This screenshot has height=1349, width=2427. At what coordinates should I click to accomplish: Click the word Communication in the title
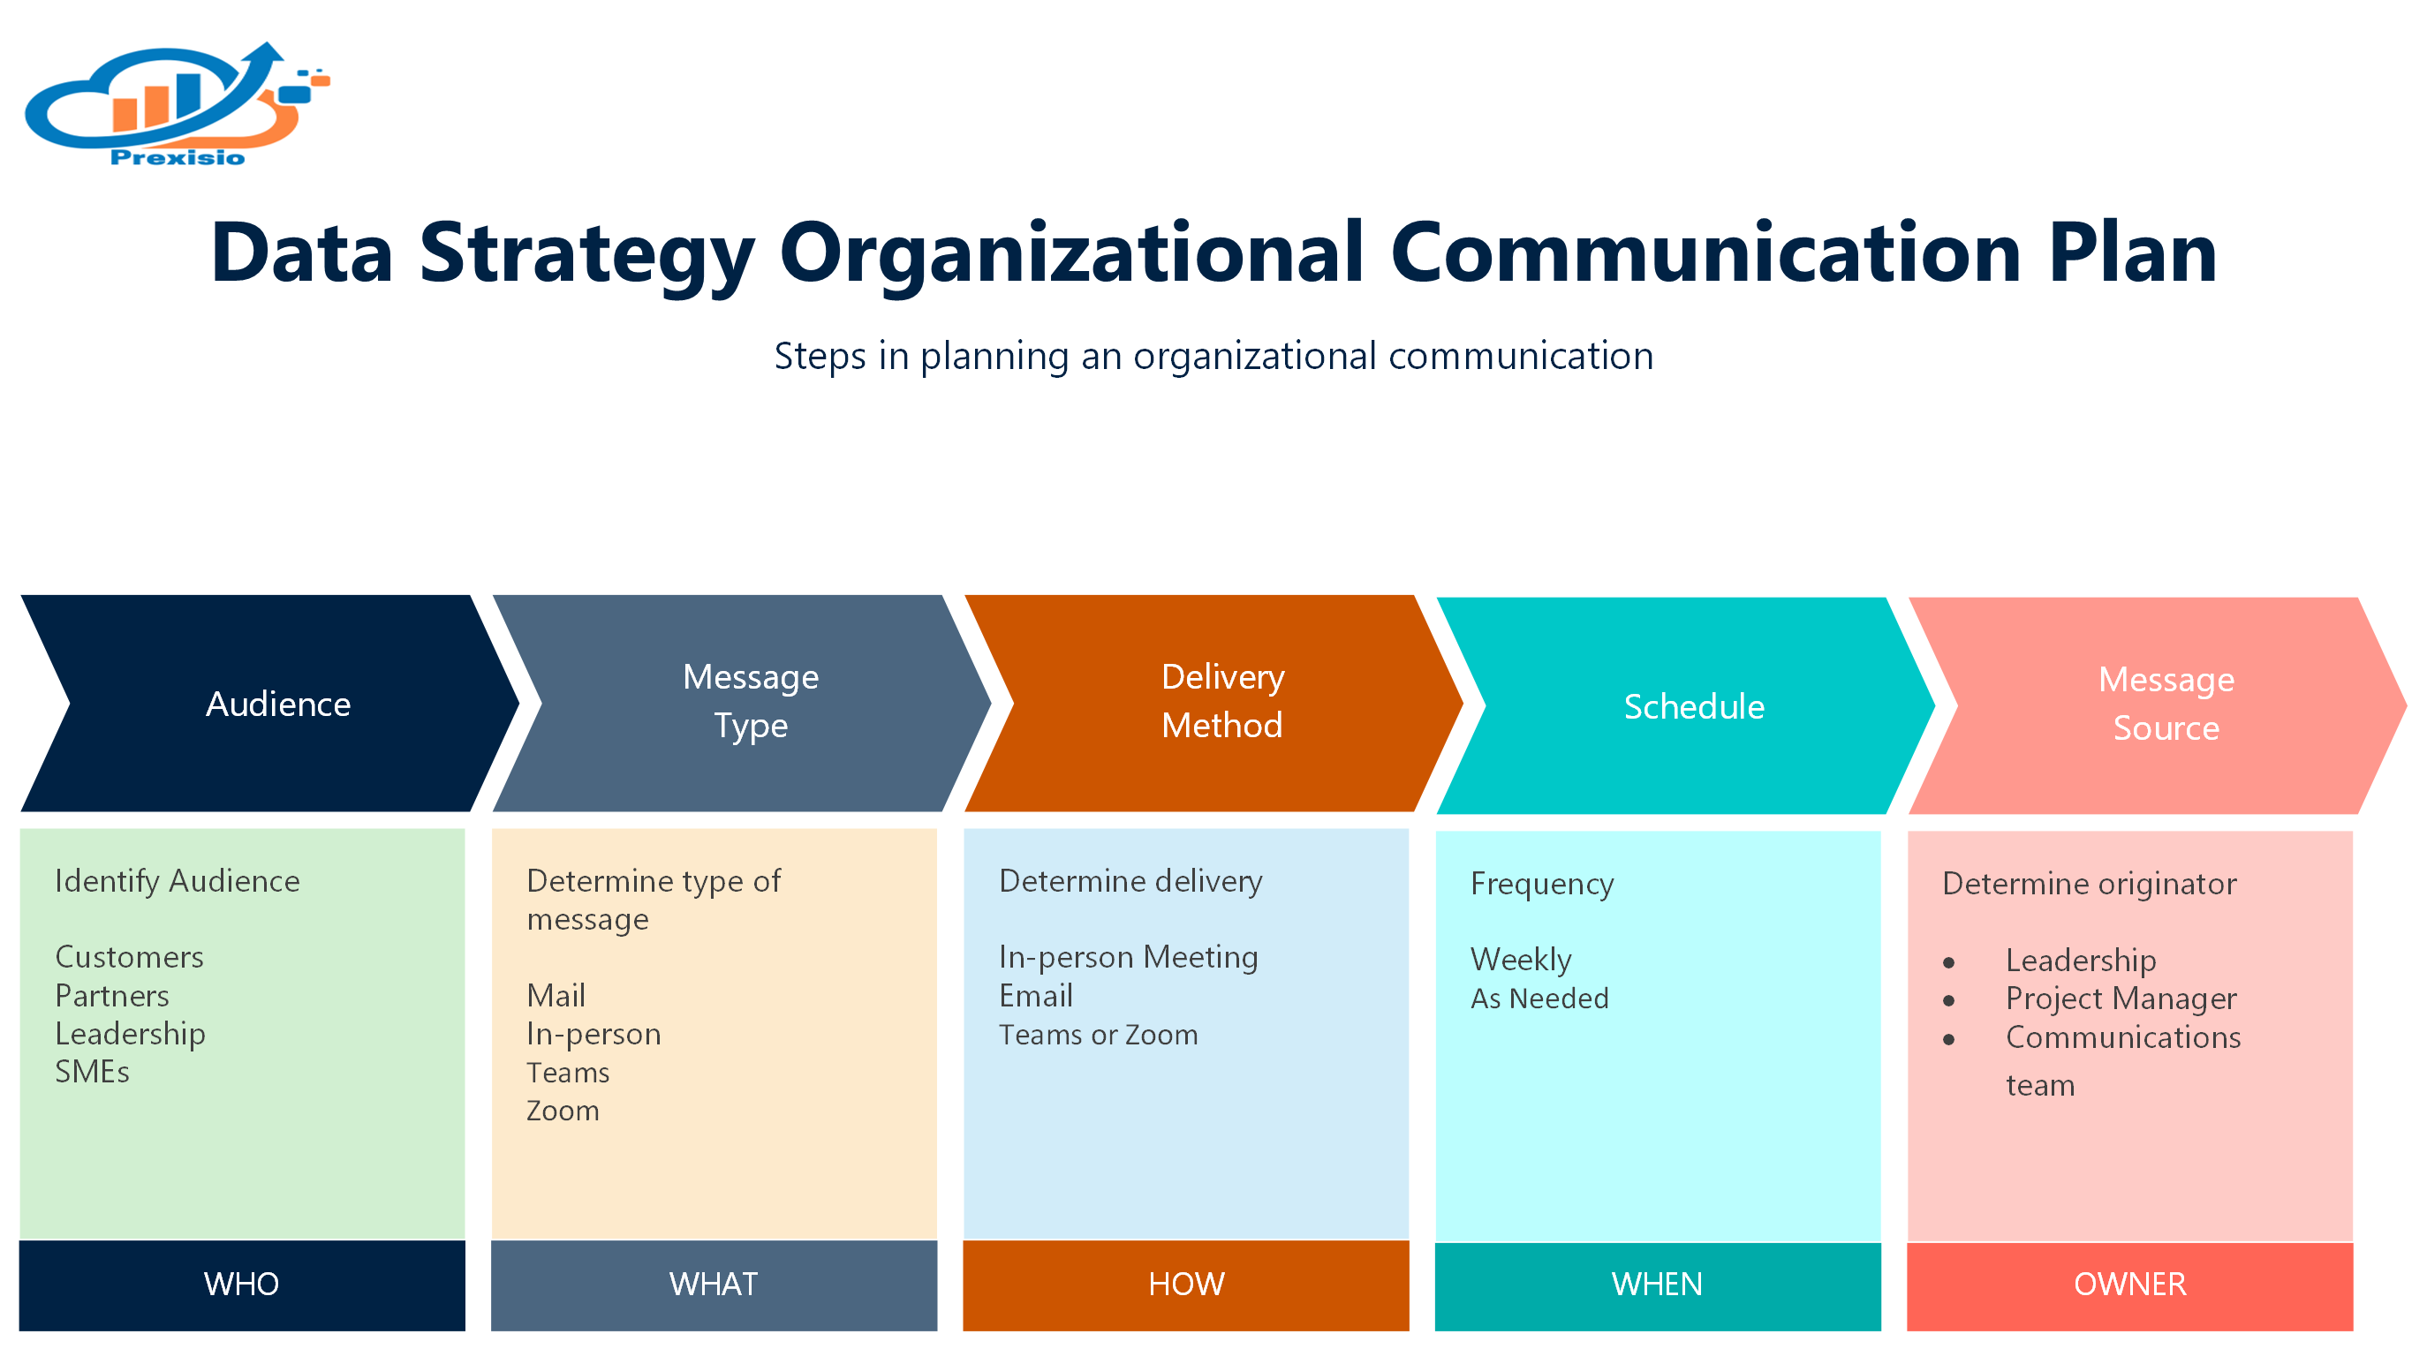(x=1705, y=252)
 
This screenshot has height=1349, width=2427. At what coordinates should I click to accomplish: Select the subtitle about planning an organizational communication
(x=1213, y=356)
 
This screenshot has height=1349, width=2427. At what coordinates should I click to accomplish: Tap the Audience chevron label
(x=278, y=705)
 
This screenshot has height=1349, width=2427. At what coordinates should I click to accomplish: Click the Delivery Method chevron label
(x=1222, y=701)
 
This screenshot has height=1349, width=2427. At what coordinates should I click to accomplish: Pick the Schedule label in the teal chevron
(x=1693, y=706)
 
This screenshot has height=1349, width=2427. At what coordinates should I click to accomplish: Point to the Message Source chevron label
(x=2165, y=704)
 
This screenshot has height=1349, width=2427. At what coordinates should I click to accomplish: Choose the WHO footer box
(x=242, y=1284)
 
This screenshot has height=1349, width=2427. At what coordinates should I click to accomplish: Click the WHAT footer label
(x=714, y=1284)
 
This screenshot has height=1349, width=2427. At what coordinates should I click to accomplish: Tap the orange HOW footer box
(x=1185, y=1284)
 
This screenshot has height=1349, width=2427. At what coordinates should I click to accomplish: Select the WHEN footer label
(x=1656, y=1284)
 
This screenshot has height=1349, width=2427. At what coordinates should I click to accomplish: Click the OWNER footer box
(x=2129, y=1284)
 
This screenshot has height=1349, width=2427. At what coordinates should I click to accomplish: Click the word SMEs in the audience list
(x=93, y=1072)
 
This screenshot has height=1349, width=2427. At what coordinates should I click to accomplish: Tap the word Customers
(x=129, y=957)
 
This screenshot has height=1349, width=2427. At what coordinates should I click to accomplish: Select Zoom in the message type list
(x=563, y=1111)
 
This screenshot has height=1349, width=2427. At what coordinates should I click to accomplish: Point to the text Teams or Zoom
(x=1098, y=1035)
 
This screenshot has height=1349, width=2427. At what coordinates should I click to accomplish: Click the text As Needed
(x=1539, y=999)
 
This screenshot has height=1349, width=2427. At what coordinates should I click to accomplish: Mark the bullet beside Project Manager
(x=1948, y=1000)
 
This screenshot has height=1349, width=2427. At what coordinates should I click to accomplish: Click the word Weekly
(x=1521, y=960)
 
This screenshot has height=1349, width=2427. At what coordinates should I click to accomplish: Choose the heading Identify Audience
(x=178, y=881)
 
